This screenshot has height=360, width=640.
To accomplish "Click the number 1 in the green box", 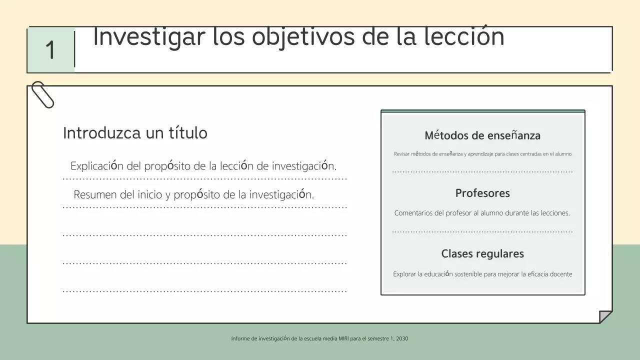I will [x=50, y=50].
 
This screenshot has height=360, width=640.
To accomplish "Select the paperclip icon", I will [x=42, y=94].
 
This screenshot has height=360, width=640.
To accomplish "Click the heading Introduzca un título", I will [x=135, y=133].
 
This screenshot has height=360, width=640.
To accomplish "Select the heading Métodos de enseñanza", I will [x=482, y=135].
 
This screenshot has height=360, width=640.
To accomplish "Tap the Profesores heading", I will [x=482, y=193].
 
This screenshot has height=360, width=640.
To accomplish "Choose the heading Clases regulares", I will [x=482, y=253].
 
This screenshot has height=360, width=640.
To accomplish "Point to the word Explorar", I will [x=404, y=274].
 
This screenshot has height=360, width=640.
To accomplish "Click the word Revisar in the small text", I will [x=401, y=154].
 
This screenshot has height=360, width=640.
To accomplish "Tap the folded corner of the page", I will [x=605, y=317].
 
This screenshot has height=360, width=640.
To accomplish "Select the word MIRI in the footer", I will [x=343, y=338].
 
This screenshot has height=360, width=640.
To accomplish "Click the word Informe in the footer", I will [x=240, y=338].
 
